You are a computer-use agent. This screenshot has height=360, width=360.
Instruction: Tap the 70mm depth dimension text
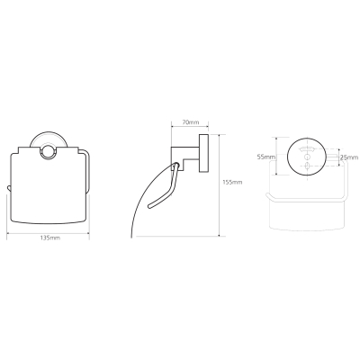[x=191, y=122]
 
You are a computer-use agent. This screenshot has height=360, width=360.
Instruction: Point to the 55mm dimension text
[x=266, y=157]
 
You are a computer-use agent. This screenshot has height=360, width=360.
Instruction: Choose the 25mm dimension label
[x=350, y=157]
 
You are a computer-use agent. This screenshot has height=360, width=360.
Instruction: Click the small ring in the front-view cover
[x=48, y=151]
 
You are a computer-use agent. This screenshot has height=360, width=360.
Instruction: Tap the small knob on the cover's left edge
[x=8, y=188]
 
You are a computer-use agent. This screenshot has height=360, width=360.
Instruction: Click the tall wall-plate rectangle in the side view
[x=203, y=153]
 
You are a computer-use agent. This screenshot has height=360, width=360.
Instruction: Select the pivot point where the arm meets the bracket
[x=176, y=166]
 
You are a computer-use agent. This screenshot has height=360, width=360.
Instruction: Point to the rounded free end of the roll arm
[x=150, y=206]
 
